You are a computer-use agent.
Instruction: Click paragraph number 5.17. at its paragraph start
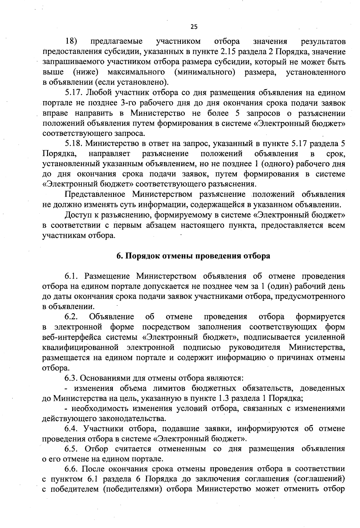coord(74,92)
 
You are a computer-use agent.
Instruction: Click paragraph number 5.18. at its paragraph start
coord(74,144)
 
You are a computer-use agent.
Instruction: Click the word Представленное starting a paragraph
coord(95,194)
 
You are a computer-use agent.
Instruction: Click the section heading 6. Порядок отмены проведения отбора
coord(193,256)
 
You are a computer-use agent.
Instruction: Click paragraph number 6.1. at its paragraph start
coord(72,276)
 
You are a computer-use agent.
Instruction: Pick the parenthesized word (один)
coord(280,286)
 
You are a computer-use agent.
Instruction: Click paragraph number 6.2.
coord(72,317)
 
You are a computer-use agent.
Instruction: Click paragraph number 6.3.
coord(72,378)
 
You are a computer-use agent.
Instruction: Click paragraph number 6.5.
coord(72,449)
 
